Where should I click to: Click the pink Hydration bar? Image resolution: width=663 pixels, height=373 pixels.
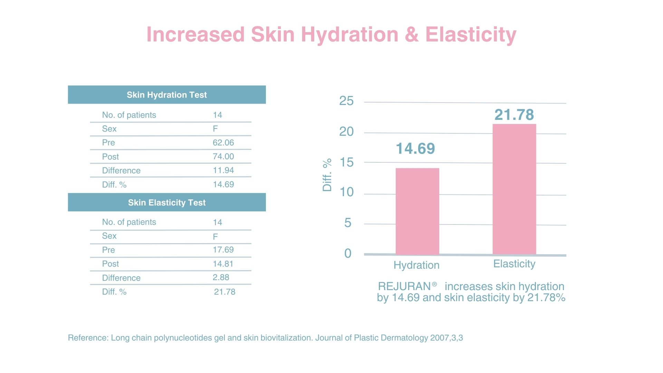coord(417,211)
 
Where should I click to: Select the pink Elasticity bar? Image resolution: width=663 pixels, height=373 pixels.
coord(514,189)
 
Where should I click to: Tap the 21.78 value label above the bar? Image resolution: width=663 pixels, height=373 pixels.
coord(514,115)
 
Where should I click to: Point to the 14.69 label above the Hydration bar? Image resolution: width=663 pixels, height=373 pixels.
coord(415,149)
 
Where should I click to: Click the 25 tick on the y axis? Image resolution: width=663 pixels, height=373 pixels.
coord(346,101)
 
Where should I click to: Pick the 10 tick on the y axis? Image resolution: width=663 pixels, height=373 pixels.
coord(347,192)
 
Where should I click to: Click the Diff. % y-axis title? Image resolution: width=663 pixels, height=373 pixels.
coord(327,175)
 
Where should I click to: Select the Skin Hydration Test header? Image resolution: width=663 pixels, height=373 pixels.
coord(167,95)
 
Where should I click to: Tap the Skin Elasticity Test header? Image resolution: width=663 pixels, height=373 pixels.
coord(167,202)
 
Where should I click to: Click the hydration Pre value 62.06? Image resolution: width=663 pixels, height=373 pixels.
coord(223,143)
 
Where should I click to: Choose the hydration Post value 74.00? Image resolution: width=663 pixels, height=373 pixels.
coord(223,156)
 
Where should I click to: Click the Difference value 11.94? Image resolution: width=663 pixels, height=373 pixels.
coord(223,170)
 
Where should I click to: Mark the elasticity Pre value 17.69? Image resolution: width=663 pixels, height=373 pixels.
coord(223,250)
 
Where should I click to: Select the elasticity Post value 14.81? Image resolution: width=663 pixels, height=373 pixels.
coord(223,264)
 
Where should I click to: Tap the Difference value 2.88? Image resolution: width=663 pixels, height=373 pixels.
coord(221,277)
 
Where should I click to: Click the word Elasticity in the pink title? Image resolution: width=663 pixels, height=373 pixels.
coord(471,35)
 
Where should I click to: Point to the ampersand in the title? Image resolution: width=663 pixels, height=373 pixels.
coord(412,35)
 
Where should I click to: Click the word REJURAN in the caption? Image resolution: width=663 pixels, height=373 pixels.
coord(404,286)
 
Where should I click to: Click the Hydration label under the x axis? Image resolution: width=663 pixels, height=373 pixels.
coord(416,265)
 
